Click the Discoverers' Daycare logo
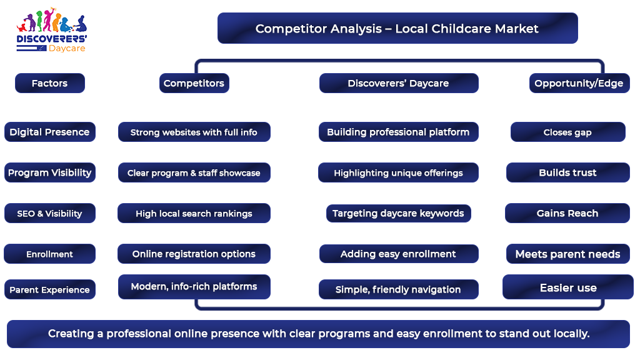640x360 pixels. [51, 30]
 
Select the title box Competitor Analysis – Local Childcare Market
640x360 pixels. [397, 28]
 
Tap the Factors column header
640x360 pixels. [50, 83]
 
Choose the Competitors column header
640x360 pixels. [194, 83]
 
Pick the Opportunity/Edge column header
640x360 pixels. [579, 83]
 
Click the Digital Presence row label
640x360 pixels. [50, 132]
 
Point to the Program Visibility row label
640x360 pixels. [50, 172]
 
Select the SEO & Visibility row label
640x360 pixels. [50, 213]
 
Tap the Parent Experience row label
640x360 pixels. [50, 289]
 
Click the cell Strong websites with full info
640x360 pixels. [194, 132]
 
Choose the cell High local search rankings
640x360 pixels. [194, 213]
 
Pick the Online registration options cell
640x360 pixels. [194, 254]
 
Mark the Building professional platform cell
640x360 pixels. [398, 132]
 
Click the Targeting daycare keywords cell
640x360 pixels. [398, 213]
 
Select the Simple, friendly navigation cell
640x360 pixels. [398, 289]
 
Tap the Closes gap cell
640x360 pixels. [567, 132]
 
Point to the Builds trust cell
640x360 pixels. [567, 172]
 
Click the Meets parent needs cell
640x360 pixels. [567, 254]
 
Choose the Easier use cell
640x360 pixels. [567, 287]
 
